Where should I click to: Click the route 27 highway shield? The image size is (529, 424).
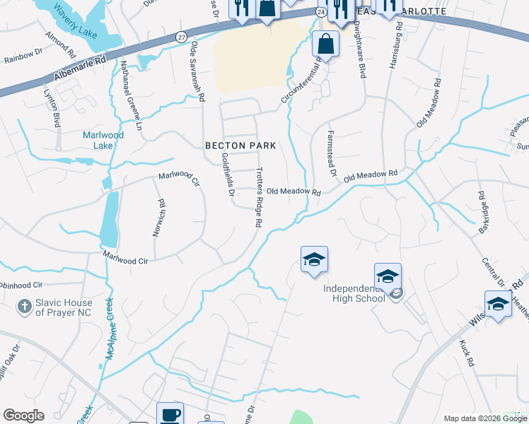click(182, 37)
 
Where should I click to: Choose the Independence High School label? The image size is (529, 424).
click(354, 293)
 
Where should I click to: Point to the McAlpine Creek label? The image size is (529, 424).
click(110, 329)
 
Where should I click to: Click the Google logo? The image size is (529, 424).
click(23, 416)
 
